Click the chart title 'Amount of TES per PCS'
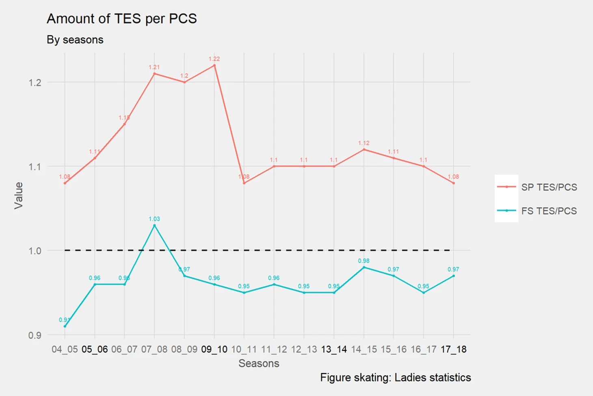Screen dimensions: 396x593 (121, 19)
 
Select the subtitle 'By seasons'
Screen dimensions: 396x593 (75, 40)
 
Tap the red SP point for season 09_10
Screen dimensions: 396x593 (214, 65)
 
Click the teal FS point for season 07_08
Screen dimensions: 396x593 (154, 225)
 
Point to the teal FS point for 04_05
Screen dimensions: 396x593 (65, 326)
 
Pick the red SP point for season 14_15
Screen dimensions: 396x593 (364, 150)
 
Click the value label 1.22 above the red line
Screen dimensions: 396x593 (214, 59)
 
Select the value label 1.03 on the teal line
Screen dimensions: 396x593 (154, 219)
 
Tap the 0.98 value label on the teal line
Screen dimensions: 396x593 (364, 261)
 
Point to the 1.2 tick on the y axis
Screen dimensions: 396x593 (35, 83)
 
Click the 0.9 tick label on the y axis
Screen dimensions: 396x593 (35, 335)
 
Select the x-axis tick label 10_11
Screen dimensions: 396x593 (244, 349)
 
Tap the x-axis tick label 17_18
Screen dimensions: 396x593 (454, 349)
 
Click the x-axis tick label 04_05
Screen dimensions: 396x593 (65, 349)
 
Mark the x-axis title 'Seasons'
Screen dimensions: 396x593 (259, 363)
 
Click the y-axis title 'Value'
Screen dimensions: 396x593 (19, 196)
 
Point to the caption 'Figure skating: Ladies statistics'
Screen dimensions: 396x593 (395, 378)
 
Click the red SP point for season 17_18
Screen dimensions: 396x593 (454, 183)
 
